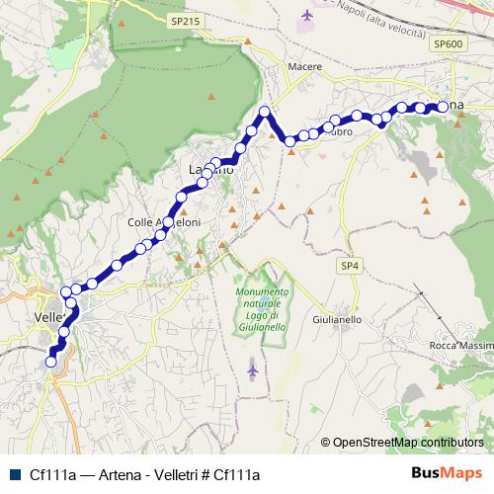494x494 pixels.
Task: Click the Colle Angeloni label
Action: pyautogui.click(x=164, y=222)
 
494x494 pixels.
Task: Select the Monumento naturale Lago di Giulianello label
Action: pyautogui.click(x=263, y=310)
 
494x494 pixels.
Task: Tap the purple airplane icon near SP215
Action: pyautogui.click(x=306, y=15)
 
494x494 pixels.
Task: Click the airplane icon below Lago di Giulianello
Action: pyautogui.click(x=254, y=369)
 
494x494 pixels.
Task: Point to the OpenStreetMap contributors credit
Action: pyautogui.click(x=408, y=442)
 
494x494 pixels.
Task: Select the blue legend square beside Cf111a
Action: pyautogui.click(x=14, y=474)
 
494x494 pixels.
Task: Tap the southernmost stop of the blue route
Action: pyautogui.click(x=51, y=362)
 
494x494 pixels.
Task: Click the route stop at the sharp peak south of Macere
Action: pyautogui.click(x=265, y=111)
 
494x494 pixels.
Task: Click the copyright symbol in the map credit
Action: pyautogui.click(x=326, y=442)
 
